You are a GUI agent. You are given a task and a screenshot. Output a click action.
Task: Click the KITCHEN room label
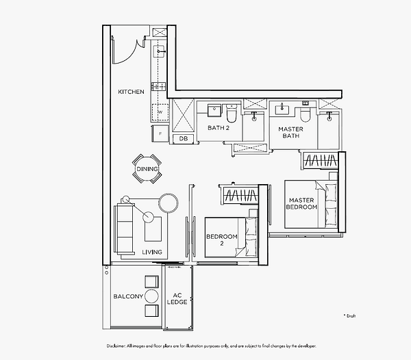(131, 92)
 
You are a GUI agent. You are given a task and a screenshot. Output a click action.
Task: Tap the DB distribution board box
(183, 139)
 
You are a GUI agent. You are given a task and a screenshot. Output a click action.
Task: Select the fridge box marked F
(160, 133)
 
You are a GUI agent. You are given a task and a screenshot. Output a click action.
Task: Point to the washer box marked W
(160, 112)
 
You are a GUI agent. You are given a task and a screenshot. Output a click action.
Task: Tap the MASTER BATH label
(290, 132)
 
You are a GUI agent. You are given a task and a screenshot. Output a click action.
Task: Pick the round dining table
(147, 169)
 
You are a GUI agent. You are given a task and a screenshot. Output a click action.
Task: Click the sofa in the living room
(126, 222)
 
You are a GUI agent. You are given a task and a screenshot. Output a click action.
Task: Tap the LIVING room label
(152, 253)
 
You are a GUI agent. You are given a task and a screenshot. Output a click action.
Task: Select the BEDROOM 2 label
(221, 240)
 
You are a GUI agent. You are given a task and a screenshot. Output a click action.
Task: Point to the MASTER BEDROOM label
(301, 204)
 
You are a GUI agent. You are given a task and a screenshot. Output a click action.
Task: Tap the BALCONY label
(128, 296)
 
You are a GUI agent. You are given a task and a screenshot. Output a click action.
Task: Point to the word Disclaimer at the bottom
(119, 346)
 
